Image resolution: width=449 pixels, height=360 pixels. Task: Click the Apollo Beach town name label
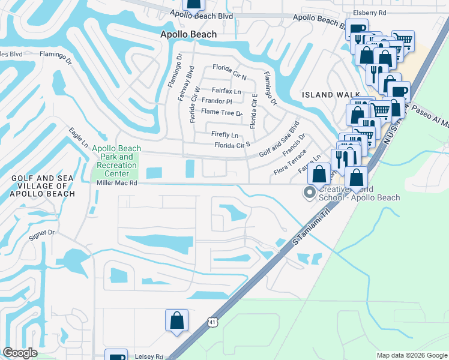pyautogui.click(x=188, y=35)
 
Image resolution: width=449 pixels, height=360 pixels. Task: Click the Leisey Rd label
pyautogui.click(x=151, y=356)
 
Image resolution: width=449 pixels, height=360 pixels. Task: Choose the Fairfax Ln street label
pyautogui.click(x=226, y=91)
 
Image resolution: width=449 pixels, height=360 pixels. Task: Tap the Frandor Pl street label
pyautogui.click(x=217, y=101)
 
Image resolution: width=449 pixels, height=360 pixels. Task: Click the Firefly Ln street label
pyautogui.click(x=224, y=135)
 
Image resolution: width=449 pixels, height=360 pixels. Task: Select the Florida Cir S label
pyautogui.click(x=232, y=145)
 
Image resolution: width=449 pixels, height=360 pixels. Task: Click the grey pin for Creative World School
pyautogui.click(x=310, y=193)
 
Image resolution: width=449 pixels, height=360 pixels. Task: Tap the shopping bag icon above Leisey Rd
pyautogui.click(x=177, y=320)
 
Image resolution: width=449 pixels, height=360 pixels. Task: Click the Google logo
pyautogui.click(x=20, y=353)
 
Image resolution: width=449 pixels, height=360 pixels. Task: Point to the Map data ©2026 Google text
pyautogui.click(x=411, y=356)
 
